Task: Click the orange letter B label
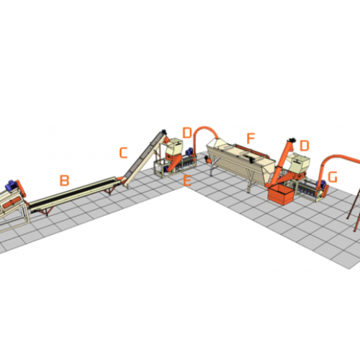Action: pos(64,181)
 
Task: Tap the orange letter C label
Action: pos(123,153)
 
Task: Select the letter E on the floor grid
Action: pos(187,181)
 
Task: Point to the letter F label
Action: pos(251,138)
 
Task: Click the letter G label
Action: pos(333,177)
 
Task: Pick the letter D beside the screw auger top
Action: pos(305,145)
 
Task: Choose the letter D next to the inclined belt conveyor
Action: pos(187,132)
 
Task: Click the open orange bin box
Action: pos(281,194)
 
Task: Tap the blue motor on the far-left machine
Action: pos(11,186)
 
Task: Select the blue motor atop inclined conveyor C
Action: pos(164,132)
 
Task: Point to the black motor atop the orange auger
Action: pos(292,140)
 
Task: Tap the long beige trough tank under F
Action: pos(240,162)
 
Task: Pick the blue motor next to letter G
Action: pos(320,184)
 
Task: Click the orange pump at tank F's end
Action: pos(207,159)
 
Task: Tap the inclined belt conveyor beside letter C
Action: pos(143,159)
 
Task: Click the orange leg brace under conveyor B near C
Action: pos(109,190)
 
